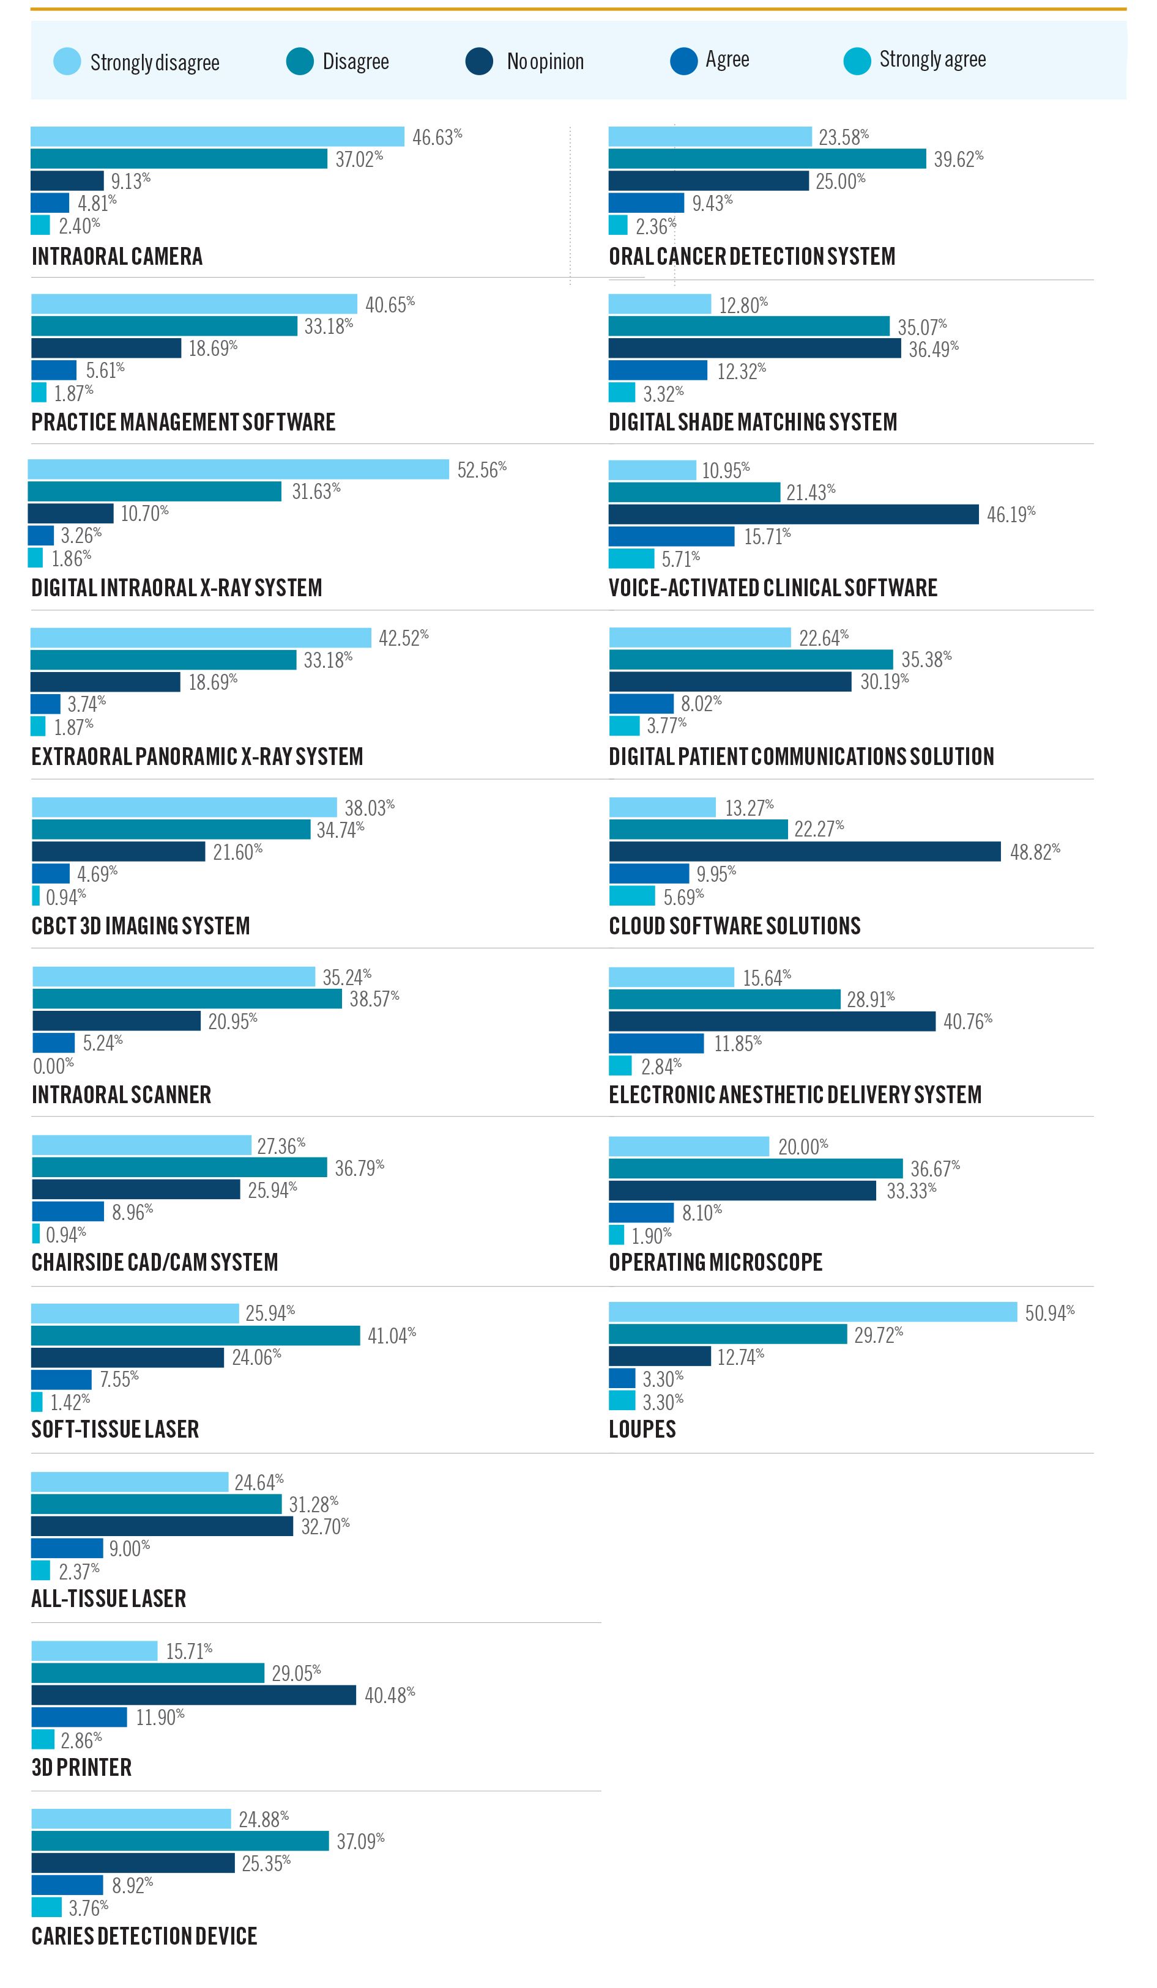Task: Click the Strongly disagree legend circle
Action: pyautogui.click(x=67, y=62)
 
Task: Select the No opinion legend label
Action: pyautogui.click(x=545, y=62)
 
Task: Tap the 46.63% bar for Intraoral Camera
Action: pyautogui.click(x=217, y=136)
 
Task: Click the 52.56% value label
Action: pyautogui.click(x=482, y=470)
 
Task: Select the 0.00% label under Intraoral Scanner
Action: pyautogui.click(x=54, y=1066)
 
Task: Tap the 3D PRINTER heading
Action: pyautogui.click(x=81, y=1767)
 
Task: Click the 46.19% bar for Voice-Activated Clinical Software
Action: pyautogui.click(x=793, y=514)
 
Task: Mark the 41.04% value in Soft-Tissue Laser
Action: pyautogui.click(x=392, y=1335)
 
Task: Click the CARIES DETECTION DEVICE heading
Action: pyautogui.click(x=144, y=1936)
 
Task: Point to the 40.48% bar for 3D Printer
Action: pyautogui.click(x=193, y=1694)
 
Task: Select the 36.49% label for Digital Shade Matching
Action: pyautogui.click(x=933, y=349)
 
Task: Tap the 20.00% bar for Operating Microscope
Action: pyautogui.click(x=688, y=1146)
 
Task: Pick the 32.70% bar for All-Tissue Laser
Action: pyautogui.click(x=162, y=1526)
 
